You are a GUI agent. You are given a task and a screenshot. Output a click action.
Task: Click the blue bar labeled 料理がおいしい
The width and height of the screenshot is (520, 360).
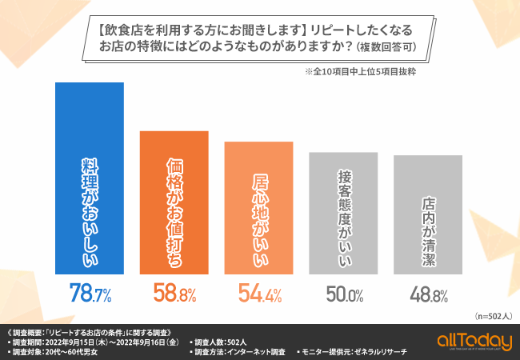[x=89, y=176]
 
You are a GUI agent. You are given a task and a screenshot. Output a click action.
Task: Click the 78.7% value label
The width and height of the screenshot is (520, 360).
[x=89, y=294]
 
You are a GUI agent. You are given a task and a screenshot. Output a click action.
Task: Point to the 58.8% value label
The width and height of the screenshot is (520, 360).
[x=174, y=294]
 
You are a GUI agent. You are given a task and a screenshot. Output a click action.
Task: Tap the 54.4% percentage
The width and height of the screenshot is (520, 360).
[x=258, y=294]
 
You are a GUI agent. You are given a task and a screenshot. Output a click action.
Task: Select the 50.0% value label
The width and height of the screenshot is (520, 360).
[x=344, y=294]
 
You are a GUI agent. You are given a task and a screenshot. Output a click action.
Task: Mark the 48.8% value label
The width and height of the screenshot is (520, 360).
[x=429, y=294]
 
